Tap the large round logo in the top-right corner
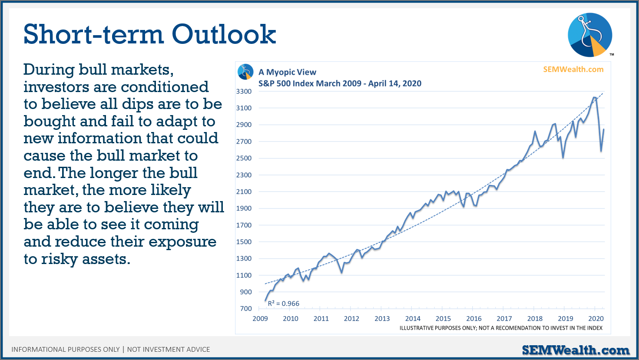click(590, 34)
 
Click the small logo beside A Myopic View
click(245, 72)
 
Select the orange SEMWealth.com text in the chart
click(573, 69)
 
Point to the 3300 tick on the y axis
click(244, 92)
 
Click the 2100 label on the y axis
click(244, 192)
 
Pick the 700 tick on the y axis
click(246, 309)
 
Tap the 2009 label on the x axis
click(260, 319)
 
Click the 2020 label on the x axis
click(596, 319)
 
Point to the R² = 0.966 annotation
click(284, 303)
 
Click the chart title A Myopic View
click(287, 72)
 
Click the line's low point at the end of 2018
click(563, 158)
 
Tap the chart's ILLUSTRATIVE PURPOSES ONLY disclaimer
click(501, 328)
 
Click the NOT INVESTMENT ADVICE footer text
click(168, 350)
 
